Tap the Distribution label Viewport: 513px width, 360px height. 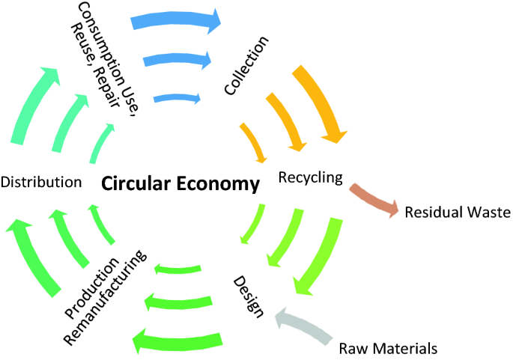tap(41, 182)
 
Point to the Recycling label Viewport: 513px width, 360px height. tap(310, 177)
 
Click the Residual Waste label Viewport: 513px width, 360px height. tap(457, 213)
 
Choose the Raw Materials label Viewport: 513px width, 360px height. tap(388, 348)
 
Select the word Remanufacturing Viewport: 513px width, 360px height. tap(105, 299)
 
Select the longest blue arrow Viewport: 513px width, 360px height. tap(177, 21)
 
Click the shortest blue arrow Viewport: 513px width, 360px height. tap(177, 98)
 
